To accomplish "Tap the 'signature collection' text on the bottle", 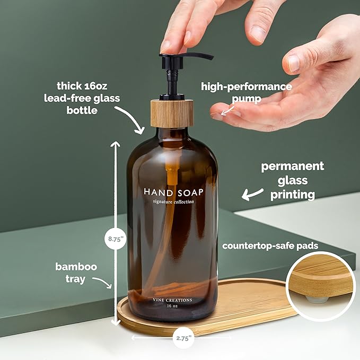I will tap(173, 202).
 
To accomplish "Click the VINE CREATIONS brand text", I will tap(172, 300).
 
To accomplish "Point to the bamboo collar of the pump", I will tap(172, 112).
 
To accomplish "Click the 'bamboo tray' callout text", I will tap(76, 273).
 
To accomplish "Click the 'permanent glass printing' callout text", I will tap(292, 181).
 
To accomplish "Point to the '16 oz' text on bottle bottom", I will tap(172, 306).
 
